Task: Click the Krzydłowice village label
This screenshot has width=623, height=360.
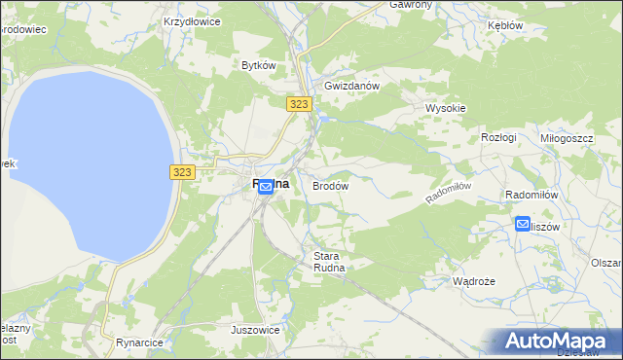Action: click(192, 19)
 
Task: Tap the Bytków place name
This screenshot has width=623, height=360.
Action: click(260, 65)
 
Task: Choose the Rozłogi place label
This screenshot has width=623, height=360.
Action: click(498, 137)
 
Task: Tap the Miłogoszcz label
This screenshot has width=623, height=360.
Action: click(567, 138)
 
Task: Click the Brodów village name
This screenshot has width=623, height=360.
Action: click(330, 185)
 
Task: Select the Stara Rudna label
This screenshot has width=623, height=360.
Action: click(329, 263)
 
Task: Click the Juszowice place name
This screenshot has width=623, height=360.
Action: click(256, 330)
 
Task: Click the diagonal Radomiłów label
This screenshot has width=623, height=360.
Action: click(449, 192)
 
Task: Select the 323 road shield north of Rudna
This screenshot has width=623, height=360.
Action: click(299, 102)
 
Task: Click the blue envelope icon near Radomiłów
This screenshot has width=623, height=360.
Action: click(523, 225)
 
